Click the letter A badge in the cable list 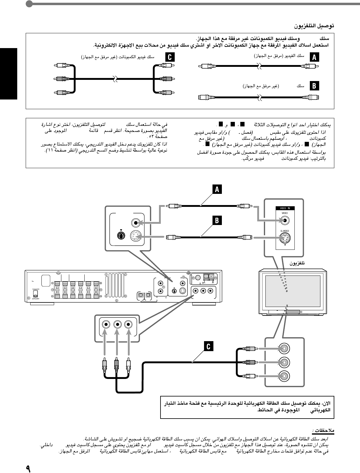pyautogui.click(x=314, y=57)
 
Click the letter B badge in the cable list pyautogui.click(x=314, y=86)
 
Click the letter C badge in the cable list pyautogui.click(x=170, y=57)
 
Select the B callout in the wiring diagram pyautogui.click(x=217, y=220)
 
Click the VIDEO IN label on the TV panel pyautogui.click(x=285, y=208)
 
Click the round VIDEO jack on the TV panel pyautogui.click(x=285, y=221)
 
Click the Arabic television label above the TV pyautogui.click(x=297, y=263)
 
